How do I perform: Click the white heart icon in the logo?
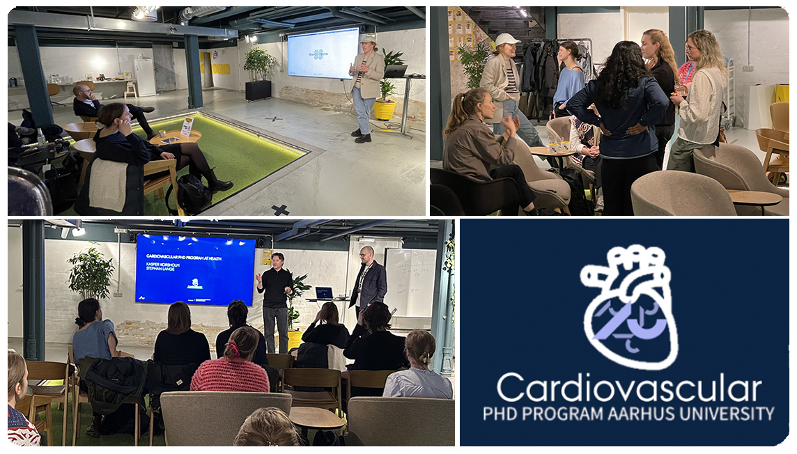click(x=629, y=307)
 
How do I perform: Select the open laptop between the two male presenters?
click(x=324, y=293)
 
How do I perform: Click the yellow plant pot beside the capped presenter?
click(x=384, y=109)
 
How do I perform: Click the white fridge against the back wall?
click(x=144, y=77)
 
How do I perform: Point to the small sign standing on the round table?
click(x=187, y=126)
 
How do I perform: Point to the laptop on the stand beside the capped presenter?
click(x=396, y=71)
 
